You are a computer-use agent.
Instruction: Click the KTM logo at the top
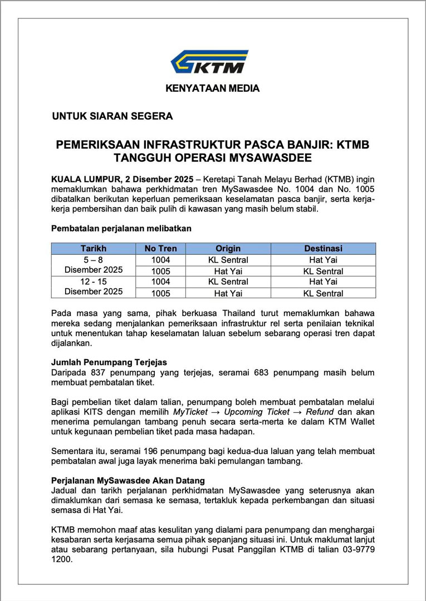coord(209,62)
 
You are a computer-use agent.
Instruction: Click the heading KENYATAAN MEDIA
coord(212,88)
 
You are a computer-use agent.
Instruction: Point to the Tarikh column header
coord(94,248)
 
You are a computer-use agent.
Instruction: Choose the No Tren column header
coord(160,248)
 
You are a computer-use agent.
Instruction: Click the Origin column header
coord(228,248)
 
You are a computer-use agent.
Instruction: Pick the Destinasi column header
coord(323,248)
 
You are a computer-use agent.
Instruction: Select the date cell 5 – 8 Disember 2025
coord(94,265)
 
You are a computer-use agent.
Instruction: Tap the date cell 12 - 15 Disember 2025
coord(94,287)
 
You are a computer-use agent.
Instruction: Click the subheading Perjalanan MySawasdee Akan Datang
coord(128,480)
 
